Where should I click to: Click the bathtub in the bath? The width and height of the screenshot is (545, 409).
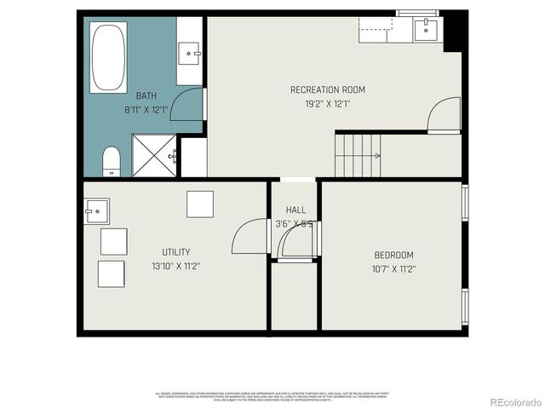coord(108,57)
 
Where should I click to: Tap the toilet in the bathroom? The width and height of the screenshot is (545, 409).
coord(112,160)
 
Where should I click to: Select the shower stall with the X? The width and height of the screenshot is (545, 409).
coord(152,156)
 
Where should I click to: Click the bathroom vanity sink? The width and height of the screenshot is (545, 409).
coord(189,53)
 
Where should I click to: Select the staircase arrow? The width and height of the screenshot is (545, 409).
coord(373,155)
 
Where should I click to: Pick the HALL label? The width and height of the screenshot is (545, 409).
coord(295,210)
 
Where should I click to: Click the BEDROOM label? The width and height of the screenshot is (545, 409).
coord(393,255)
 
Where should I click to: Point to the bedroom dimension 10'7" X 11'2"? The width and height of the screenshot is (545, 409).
coord(393,268)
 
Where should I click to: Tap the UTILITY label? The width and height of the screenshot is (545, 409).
coord(175,251)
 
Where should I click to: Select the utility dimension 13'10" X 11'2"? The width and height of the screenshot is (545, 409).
coord(175,265)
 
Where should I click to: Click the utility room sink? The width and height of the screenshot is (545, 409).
coord(96,210)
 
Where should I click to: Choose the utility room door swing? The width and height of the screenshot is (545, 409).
coord(249,238)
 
